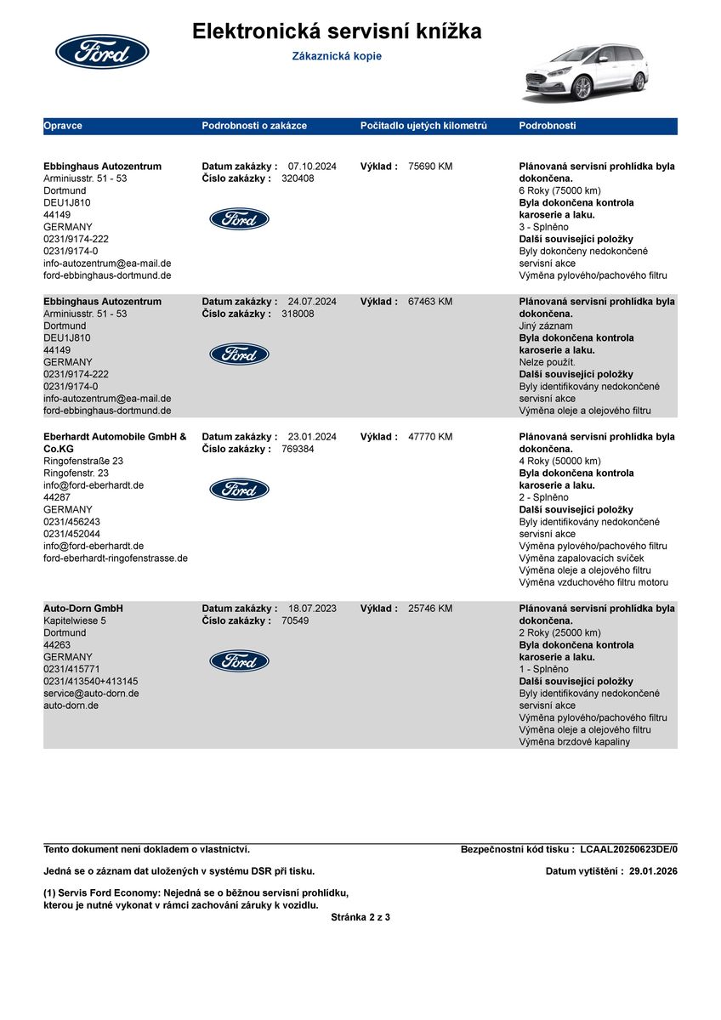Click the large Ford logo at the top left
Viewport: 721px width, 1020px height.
(102, 52)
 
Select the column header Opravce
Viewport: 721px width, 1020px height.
(63, 126)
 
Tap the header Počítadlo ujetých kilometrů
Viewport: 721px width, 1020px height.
(423, 126)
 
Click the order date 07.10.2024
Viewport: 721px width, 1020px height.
(312, 167)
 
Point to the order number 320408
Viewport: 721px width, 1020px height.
(298, 178)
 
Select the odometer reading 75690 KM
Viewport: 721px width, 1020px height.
(430, 167)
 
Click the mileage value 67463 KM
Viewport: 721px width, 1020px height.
(430, 302)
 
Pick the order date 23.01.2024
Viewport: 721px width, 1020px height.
(312, 437)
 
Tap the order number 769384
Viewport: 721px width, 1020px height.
(298, 449)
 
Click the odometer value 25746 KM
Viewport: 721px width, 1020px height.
(430, 609)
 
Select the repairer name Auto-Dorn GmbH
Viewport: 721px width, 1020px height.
(83, 609)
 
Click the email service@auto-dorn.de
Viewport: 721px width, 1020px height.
(91, 694)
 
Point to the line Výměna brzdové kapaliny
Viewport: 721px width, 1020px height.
(574, 742)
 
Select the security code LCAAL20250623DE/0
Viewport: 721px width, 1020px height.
(628, 849)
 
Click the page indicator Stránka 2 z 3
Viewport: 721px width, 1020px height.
(360, 917)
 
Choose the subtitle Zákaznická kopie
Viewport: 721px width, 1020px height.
(337, 56)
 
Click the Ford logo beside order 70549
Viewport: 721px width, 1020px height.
(239, 660)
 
